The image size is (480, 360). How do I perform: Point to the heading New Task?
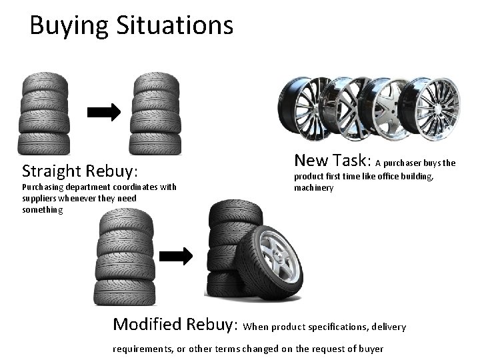pos(332,160)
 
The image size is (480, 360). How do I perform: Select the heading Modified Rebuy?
pos(175,325)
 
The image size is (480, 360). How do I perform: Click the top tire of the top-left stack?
pos(45,83)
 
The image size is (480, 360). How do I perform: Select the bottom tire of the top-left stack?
pos(45,142)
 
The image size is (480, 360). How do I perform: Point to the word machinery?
pos(314,188)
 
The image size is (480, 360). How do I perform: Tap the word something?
pos(42,210)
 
